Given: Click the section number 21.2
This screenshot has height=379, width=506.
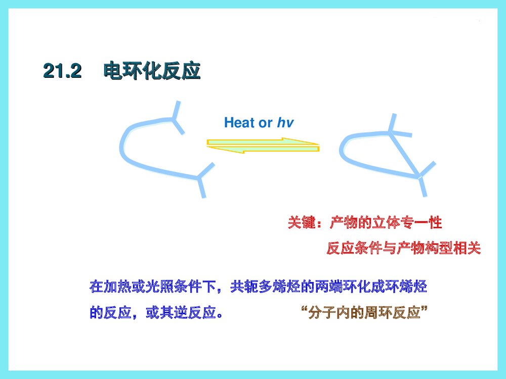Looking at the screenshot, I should (62, 71).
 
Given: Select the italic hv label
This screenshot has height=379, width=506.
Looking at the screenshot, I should (285, 123).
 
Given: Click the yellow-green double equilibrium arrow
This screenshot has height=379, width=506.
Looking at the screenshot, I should (263, 145).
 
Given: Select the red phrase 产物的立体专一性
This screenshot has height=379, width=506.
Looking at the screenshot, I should (386, 222).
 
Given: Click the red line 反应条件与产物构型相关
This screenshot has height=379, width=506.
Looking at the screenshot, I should (403, 248).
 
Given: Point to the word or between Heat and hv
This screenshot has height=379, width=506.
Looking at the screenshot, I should (266, 123).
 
